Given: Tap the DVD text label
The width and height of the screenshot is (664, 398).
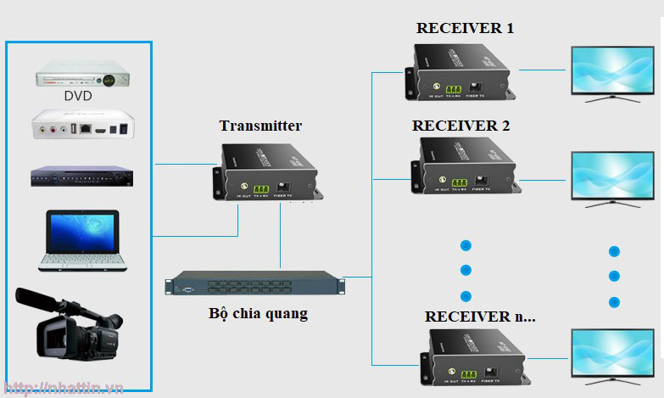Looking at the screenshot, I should coord(78,96).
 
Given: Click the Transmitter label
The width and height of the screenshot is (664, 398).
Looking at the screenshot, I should coord(260,126).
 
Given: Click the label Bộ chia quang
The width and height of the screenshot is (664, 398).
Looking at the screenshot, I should coord(258,313).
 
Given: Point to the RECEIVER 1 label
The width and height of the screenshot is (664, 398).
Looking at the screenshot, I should coord(465,28).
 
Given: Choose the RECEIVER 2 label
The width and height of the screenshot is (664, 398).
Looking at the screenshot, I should coord(460,126).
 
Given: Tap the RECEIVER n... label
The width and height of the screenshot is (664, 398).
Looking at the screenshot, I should coord(480,317).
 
